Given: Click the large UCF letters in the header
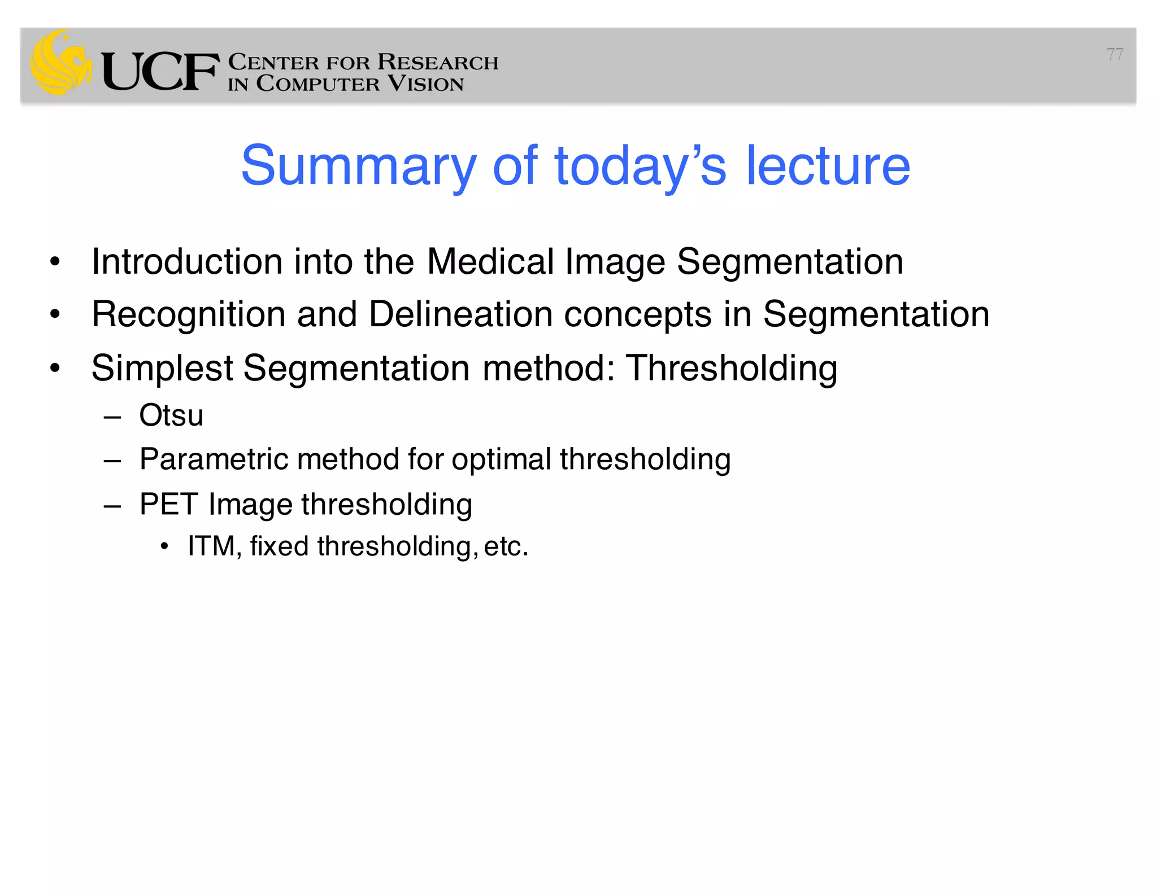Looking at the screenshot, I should coord(160,72).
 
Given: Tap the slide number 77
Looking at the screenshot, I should coord(1115,54).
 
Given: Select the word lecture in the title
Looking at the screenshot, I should coord(828,166).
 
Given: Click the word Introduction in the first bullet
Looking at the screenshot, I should coord(187,262).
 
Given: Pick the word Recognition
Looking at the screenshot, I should coord(188,314).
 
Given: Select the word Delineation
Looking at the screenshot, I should coord(460,314).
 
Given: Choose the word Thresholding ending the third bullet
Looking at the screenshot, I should coord(732,369).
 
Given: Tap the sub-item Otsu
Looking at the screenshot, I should coord(171,416).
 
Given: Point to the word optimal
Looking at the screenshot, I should coord(501,459).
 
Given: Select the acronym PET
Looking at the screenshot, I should coord(168,504).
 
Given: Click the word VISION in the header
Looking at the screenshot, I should coord(426,84).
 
